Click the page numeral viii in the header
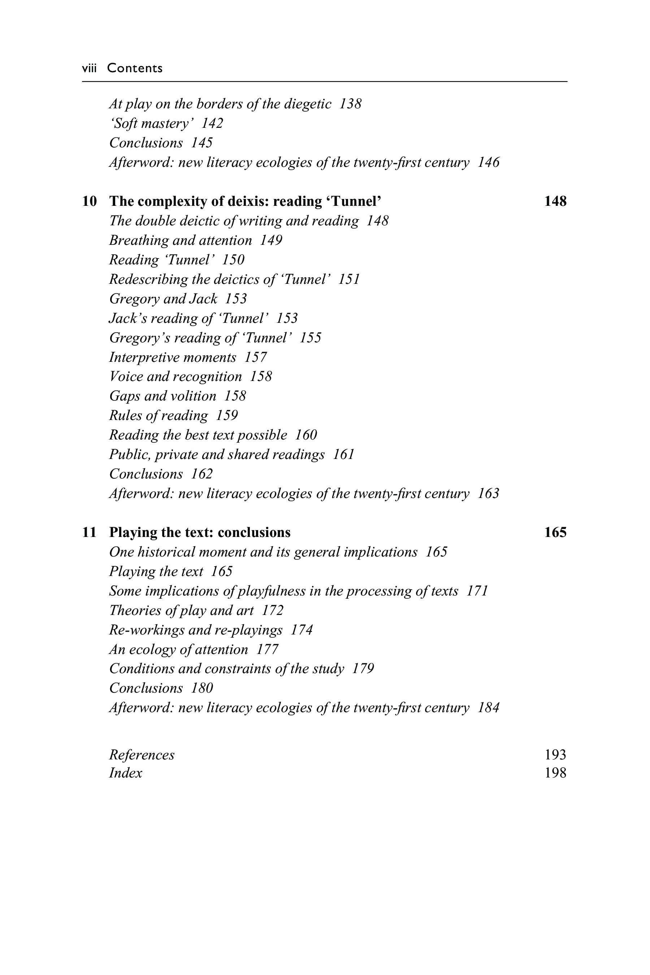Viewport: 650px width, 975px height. tap(89, 68)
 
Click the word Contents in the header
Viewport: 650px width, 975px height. tap(135, 68)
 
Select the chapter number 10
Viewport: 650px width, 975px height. tap(90, 201)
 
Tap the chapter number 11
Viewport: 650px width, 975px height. tap(90, 532)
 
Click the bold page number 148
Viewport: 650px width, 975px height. tap(555, 201)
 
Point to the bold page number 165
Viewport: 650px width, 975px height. tap(555, 532)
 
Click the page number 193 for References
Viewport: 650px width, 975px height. tap(555, 754)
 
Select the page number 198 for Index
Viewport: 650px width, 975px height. tap(555, 773)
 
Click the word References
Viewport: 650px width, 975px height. tap(142, 755)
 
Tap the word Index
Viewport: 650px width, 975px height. tap(126, 773)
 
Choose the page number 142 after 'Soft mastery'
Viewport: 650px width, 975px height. tap(212, 123)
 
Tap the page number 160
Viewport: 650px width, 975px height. tap(306, 435)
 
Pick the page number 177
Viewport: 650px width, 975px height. tap(267, 649)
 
